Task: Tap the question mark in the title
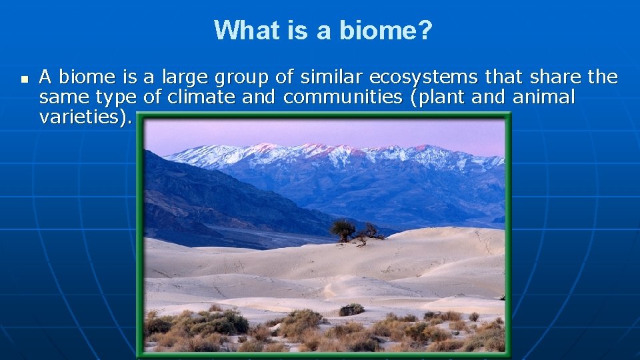425,30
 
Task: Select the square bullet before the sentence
24,79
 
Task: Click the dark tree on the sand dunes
343,231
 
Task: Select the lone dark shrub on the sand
351,309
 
